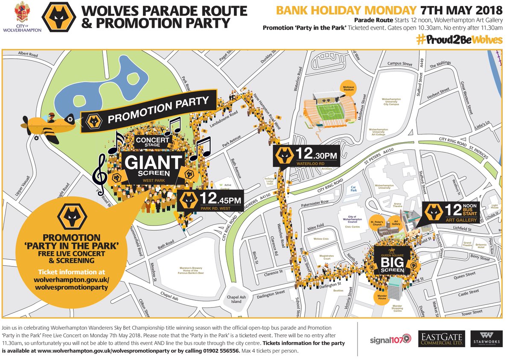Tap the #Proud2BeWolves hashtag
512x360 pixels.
click(x=459, y=39)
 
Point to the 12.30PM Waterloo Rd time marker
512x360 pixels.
click(x=306, y=157)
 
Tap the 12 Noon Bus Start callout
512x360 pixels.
click(x=452, y=212)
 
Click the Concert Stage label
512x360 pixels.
click(x=153, y=142)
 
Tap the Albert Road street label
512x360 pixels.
click(x=28, y=55)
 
